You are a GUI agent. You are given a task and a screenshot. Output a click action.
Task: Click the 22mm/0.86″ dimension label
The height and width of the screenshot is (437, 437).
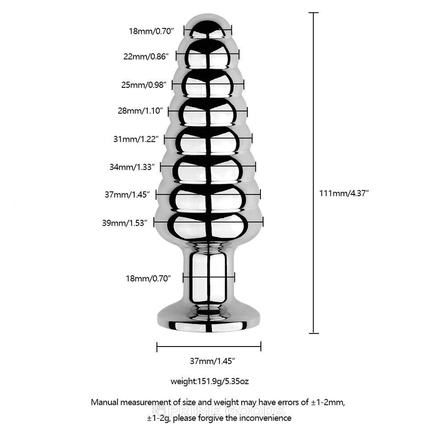(146, 57)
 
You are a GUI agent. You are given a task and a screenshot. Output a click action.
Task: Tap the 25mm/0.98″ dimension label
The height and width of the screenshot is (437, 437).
(144, 85)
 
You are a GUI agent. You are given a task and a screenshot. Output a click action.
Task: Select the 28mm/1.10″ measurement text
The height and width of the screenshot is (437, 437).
(140, 111)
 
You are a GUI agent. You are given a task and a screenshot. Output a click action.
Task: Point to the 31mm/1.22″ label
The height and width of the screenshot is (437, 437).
(136, 139)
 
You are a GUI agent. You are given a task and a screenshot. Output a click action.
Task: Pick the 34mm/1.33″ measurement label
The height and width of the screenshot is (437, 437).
(132, 167)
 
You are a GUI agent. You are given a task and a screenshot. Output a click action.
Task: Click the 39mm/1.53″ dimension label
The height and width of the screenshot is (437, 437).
(124, 223)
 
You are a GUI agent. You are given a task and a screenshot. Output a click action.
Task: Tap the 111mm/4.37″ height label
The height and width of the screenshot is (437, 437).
(344, 193)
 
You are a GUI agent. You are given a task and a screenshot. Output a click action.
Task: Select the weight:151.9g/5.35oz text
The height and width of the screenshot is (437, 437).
(210, 381)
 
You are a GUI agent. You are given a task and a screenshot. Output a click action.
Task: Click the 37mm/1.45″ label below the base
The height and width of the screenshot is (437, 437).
(213, 361)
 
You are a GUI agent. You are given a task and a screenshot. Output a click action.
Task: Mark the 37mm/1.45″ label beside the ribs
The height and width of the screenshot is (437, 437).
(128, 194)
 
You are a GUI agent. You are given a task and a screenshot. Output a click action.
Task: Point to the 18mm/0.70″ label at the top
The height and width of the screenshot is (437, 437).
(151, 31)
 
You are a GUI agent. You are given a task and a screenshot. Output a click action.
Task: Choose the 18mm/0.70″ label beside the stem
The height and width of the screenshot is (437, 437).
(148, 278)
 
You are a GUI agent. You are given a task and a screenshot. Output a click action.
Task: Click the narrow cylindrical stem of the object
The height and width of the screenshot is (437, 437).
(209, 276)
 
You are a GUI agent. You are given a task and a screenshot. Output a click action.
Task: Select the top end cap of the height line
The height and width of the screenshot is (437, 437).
(314, 13)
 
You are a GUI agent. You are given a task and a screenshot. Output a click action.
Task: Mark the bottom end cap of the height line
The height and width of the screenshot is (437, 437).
(314, 333)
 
